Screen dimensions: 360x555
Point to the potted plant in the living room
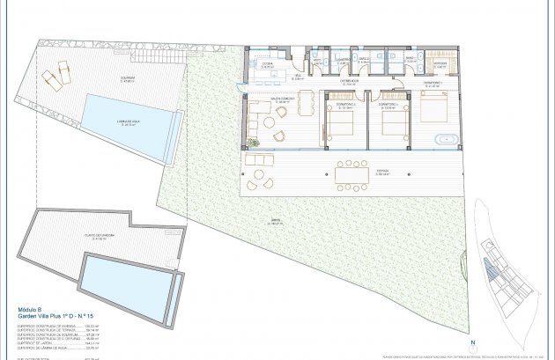[x=254, y=141]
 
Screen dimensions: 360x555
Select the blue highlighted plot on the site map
[x=489, y=273]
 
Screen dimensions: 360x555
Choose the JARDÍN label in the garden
[x=251, y=222]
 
